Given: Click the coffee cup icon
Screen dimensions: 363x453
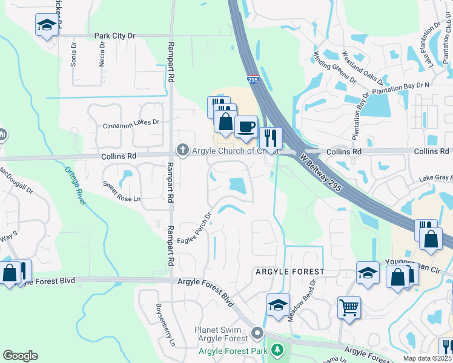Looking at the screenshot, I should [x=246, y=127].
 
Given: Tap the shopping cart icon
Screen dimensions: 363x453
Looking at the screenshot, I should [x=349, y=307].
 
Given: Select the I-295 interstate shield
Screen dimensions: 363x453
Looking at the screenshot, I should [x=253, y=79].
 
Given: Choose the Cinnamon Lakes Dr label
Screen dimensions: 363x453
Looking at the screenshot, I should [x=131, y=122].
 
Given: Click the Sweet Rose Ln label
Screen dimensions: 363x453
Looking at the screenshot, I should [x=122, y=191].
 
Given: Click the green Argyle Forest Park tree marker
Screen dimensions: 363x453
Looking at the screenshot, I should [x=277, y=350].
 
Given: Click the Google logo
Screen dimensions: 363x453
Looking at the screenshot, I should [x=20, y=356].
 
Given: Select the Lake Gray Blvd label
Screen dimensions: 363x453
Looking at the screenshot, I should [x=435, y=178].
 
